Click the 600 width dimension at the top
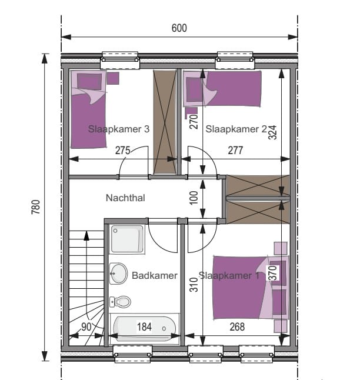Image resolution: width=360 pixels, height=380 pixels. tap(179, 28)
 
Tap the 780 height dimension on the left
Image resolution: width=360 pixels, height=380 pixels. tap(36, 207)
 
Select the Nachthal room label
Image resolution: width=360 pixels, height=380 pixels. tap(125, 198)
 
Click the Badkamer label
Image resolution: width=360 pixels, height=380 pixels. tap(155, 275)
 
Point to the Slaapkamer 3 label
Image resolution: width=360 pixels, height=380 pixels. tap(119, 129)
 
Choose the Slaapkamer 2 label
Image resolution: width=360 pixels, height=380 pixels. tap(236, 129)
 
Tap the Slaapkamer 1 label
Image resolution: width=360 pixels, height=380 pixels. tap(229, 275)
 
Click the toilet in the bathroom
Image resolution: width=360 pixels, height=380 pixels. tap(120, 302)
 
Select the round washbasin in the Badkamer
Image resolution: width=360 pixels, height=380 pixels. tap(118, 274)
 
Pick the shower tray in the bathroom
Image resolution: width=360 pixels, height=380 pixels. tap(127, 239)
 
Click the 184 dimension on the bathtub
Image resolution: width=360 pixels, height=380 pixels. tap(144, 326)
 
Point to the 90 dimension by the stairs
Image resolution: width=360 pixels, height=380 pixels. tap(86, 327)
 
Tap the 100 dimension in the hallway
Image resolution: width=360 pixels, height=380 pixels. tap(194, 198)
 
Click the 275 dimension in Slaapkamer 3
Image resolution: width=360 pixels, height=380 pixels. tap(123, 151)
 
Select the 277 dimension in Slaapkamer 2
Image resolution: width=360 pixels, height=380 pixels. tap(235, 151)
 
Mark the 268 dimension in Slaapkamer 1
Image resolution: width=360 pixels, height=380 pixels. tap(237, 327)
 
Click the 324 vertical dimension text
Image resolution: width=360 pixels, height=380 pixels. tap(272, 132)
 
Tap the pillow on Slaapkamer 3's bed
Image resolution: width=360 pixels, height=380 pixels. tap(89, 81)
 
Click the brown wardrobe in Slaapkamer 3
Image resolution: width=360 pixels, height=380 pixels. tap(165, 122)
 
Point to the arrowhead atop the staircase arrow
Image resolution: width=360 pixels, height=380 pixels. tap(86, 235)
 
